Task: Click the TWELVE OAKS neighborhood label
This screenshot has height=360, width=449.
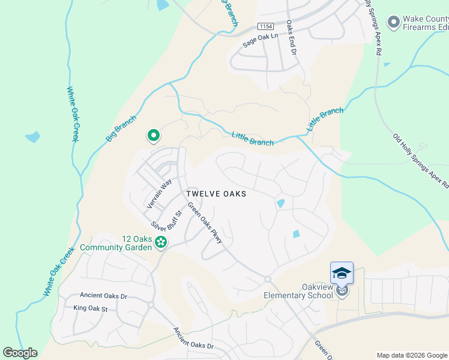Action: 216,194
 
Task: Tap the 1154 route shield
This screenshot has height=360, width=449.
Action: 264,26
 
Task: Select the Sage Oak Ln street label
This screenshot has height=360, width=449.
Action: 261,40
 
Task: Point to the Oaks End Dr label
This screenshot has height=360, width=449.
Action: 291,37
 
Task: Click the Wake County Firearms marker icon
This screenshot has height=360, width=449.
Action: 394,23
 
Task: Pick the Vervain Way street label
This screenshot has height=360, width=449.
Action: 159,193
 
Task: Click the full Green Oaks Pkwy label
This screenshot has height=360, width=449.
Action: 205,223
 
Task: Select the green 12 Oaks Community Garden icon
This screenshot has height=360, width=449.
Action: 160,242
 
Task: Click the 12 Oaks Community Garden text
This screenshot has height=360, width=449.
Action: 114,244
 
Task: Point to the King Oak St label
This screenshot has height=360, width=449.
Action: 90,308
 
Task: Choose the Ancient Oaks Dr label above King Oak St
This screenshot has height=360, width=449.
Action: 104,296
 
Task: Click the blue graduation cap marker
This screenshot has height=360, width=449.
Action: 342,273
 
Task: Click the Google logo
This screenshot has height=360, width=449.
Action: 20,353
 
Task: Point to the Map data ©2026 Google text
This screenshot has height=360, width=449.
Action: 412,355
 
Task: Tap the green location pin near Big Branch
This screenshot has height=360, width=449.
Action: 153,136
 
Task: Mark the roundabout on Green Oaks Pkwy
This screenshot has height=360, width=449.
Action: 268,279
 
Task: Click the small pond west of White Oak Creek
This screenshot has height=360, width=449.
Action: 33,137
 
